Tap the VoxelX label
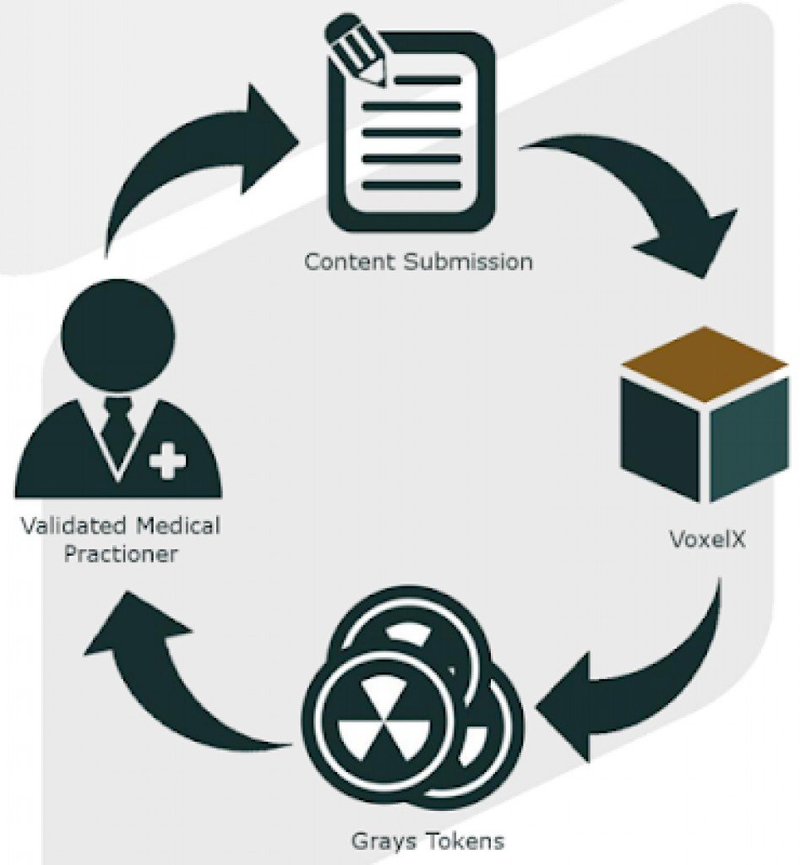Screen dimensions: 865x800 point(707,538)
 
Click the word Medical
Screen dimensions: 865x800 point(177,526)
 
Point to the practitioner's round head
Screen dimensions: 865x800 point(118,324)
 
